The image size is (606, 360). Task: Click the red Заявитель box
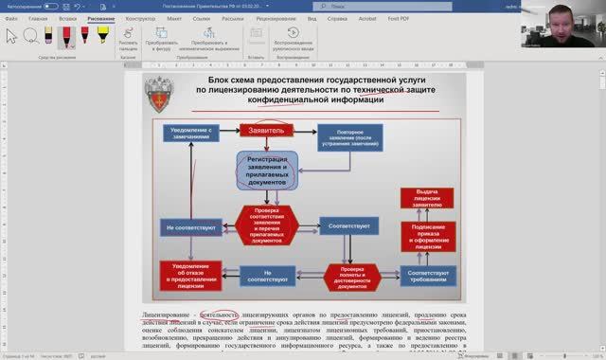click(x=266, y=130)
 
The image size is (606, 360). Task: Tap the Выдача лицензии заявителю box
click(x=427, y=197)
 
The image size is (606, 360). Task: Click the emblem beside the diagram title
click(x=162, y=92)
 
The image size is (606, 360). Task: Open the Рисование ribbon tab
click(x=101, y=18)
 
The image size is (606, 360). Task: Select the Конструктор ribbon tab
click(x=140, y=18)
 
